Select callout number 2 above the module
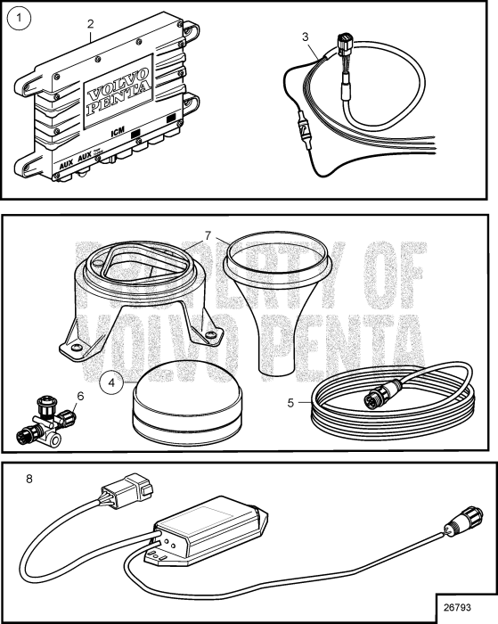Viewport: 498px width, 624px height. pyautogui.click(x=90, y=24)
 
